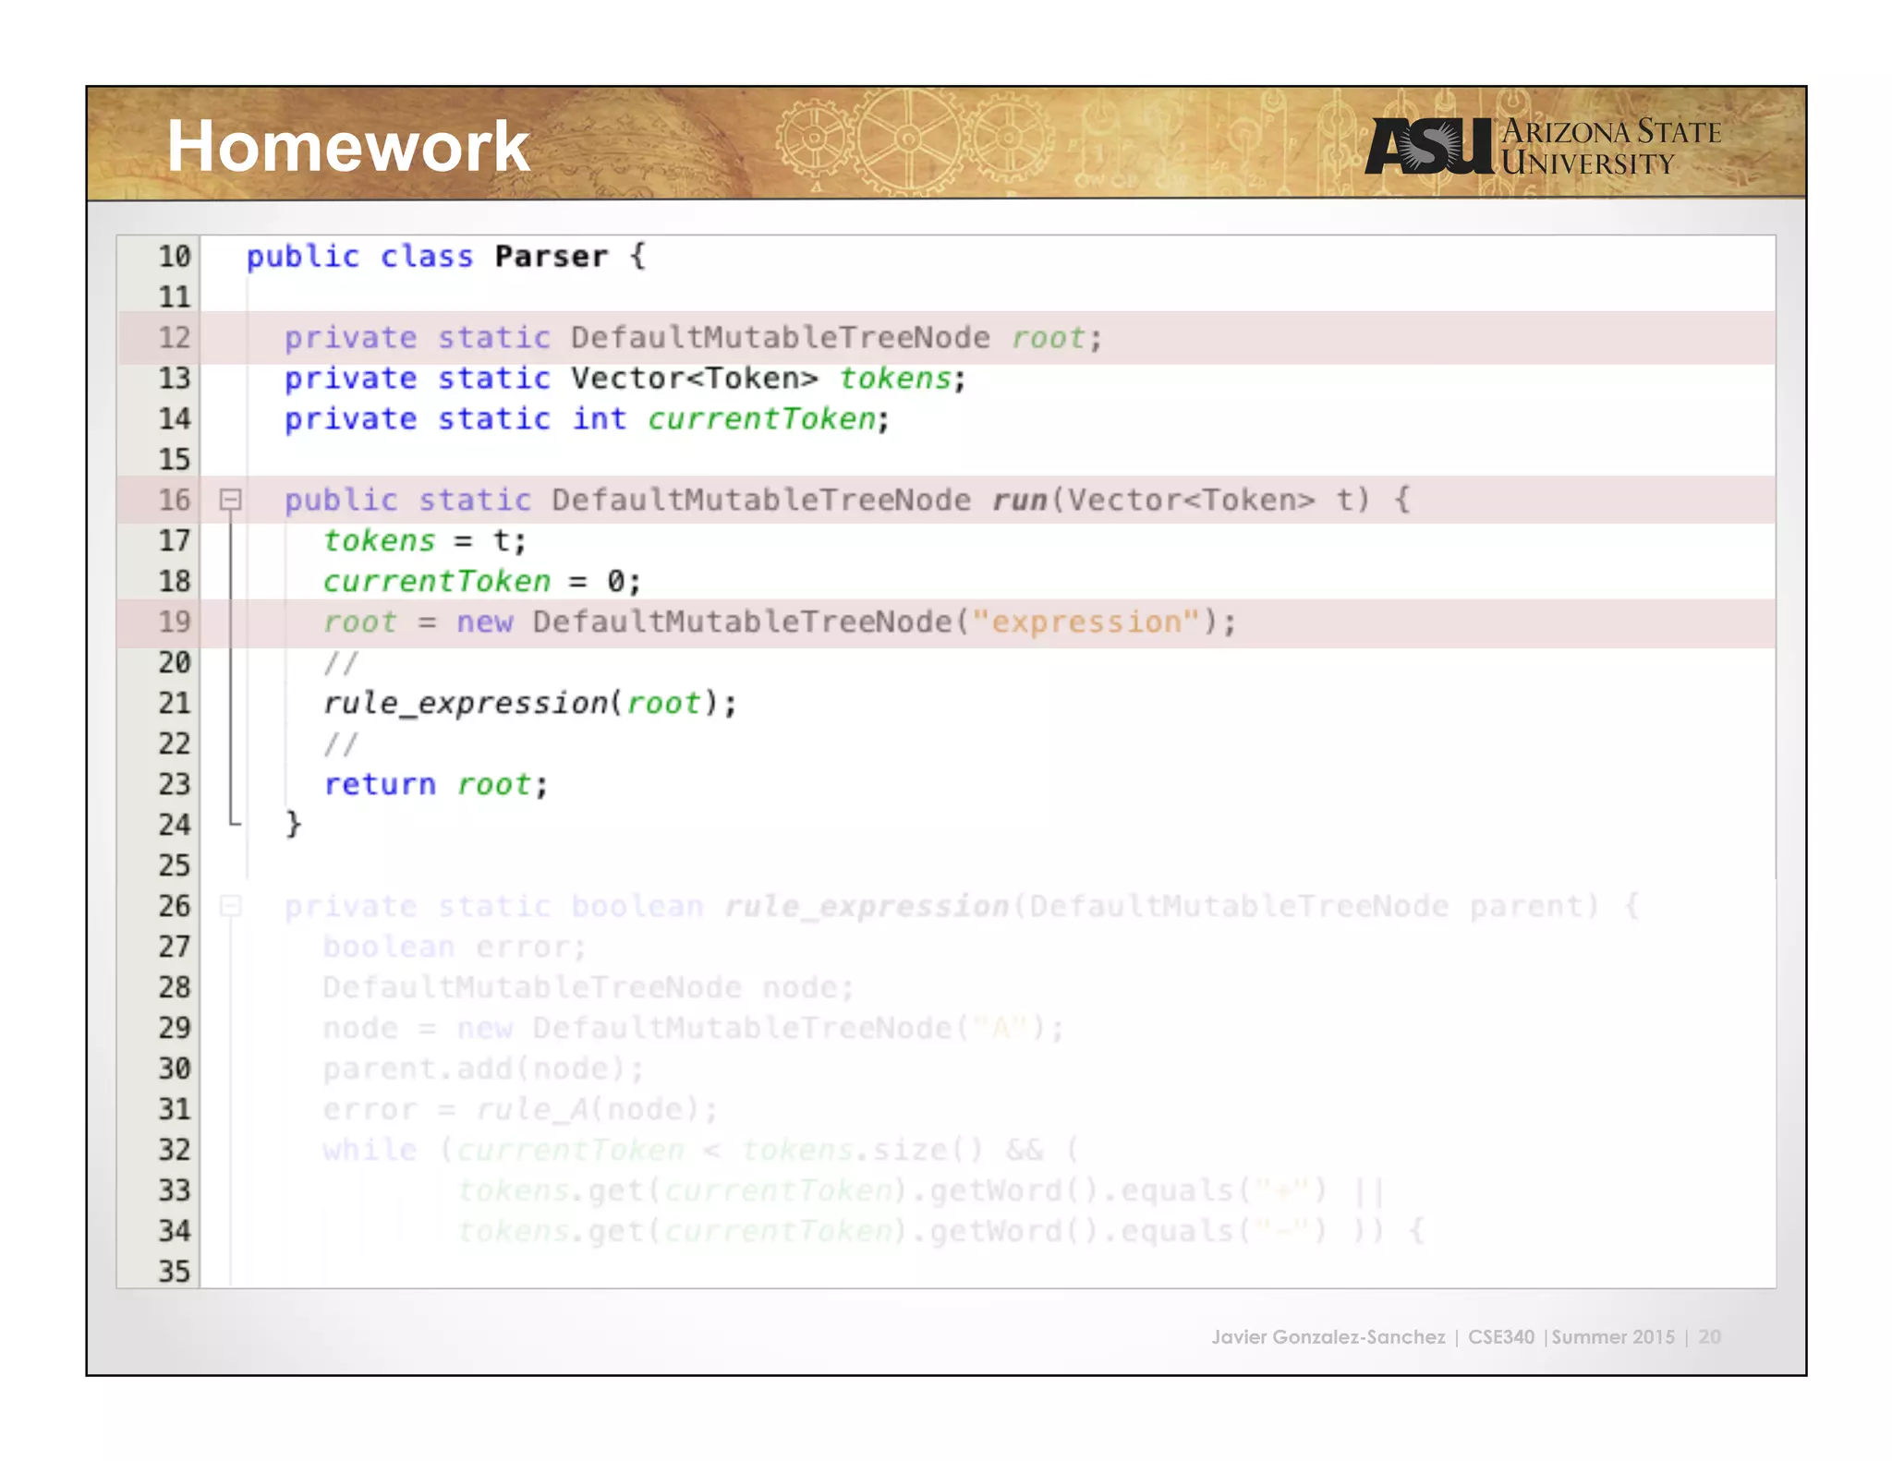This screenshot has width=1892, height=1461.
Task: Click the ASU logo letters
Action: point(1428,147)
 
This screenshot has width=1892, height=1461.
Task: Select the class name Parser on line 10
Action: point(551,256)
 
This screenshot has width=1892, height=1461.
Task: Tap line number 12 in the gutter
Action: point(174,337)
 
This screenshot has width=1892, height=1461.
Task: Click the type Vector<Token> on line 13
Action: point(694,378)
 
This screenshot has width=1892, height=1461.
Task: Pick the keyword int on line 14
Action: point(599,418)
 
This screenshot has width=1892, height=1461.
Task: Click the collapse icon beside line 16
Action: point(230,500)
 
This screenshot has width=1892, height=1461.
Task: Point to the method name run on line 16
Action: point(1018,500)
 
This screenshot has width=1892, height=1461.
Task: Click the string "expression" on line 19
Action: point(1085,622)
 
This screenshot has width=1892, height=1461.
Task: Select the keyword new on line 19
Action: point(484,622)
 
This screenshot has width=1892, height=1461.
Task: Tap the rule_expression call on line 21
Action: point(466,703)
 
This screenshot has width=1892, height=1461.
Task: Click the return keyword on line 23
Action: point(379,784)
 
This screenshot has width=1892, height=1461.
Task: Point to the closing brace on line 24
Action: point(293,823)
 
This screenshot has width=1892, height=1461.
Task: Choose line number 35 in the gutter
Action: point(174,1271)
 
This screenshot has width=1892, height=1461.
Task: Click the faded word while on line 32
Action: point(370,1150)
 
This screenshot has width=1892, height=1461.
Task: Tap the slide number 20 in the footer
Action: point(1709,1336)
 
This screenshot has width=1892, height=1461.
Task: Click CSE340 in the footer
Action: point(1500,1336)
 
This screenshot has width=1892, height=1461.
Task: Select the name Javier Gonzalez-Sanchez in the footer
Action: point(1328,1336)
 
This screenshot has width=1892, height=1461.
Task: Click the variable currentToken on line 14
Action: point(761,418)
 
